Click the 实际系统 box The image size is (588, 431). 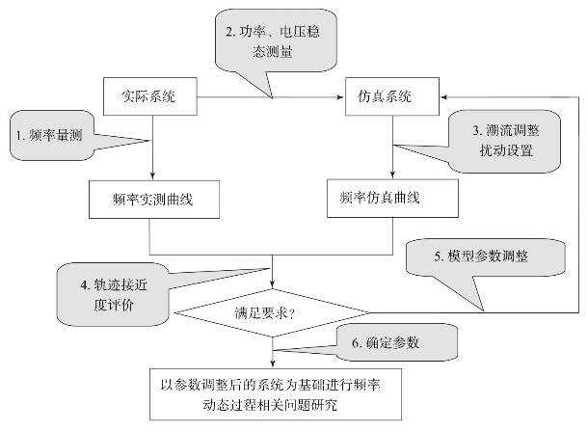(150, 96)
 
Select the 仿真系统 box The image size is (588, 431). (392, 96)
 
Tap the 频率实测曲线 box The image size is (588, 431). (154, 200)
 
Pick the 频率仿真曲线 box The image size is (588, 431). (392, 198)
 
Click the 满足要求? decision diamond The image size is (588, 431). (272, 312)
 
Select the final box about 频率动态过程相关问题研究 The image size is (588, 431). (276, 394)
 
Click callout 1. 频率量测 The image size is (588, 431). (52, 135)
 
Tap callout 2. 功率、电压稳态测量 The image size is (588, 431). (276, 41)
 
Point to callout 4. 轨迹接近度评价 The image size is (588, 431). (113, 294)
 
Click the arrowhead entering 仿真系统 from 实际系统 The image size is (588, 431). (341, 97)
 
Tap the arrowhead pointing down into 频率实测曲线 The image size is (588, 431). (152, 175)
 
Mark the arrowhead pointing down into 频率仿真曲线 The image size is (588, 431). (392, 175)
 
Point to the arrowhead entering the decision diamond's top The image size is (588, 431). (272, 284)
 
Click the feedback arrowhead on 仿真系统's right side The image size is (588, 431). (444, 97)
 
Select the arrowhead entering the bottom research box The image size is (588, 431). (273, 364)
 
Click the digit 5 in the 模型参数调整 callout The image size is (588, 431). (438, 256)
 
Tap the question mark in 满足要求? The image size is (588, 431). (292, 313)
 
